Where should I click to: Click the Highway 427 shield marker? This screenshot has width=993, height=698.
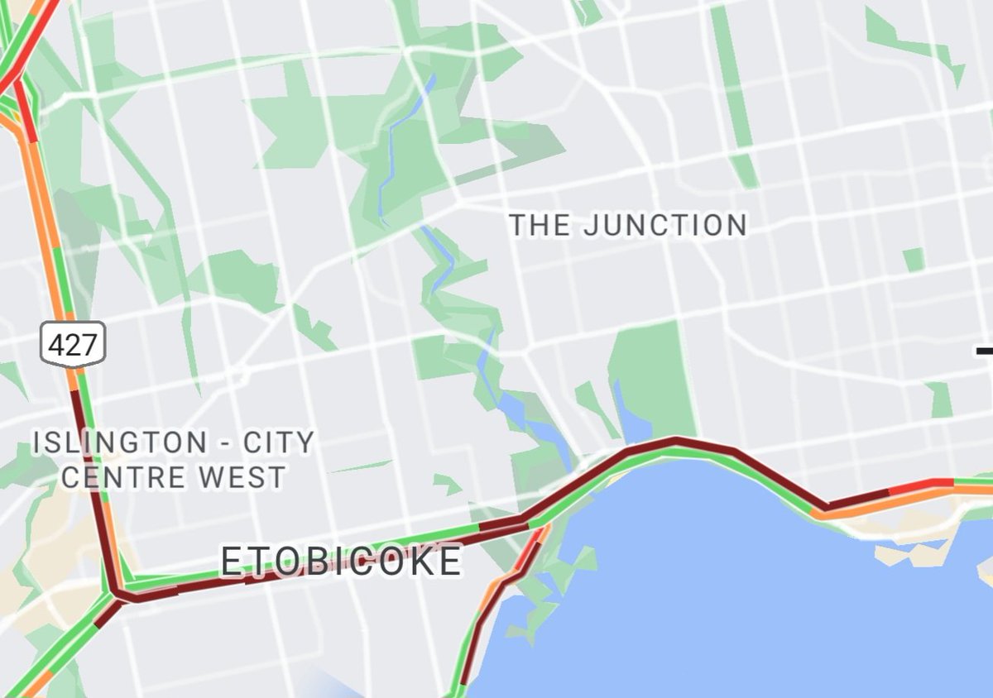[74, 343]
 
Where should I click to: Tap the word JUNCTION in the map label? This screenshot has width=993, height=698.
[664, 225]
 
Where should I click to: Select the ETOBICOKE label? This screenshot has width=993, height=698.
[340, 562]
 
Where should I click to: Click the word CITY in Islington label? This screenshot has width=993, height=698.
[279, 442]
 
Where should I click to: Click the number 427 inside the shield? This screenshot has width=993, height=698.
[74, 344]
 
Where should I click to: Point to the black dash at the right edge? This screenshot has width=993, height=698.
[984, 351]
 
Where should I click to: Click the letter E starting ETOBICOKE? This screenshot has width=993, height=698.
[231, 562]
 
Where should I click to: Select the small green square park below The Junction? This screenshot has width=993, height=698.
[914, 260]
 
